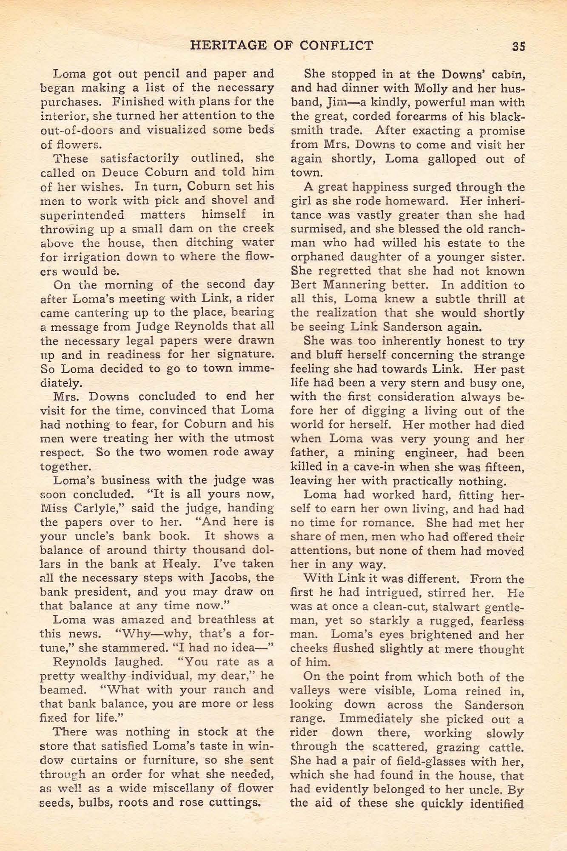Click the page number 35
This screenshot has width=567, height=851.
[x=519, y=45]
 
